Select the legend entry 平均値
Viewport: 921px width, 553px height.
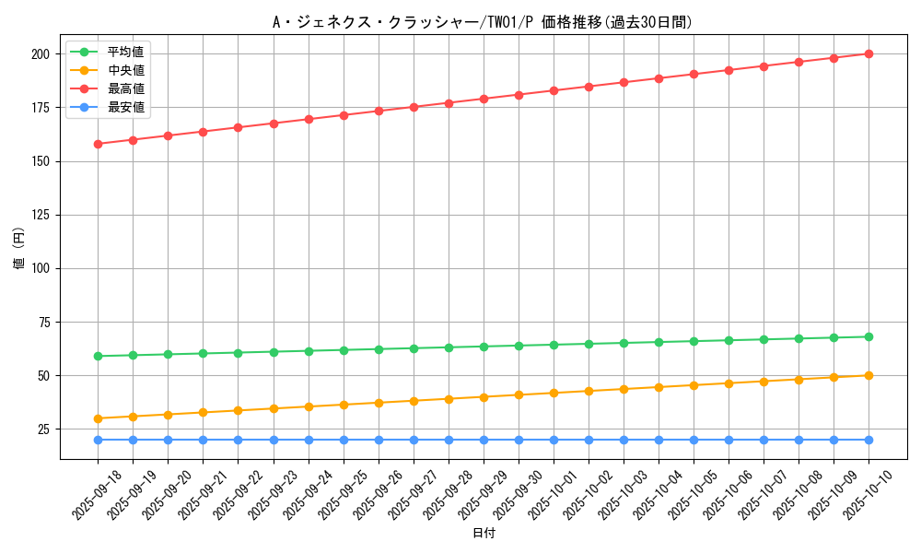[125, 52]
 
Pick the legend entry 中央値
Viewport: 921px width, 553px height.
[125, 70]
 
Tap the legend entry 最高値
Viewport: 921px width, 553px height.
[125, 88]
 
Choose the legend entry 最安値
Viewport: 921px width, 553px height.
[125, 107]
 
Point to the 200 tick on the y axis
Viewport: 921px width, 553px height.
[41, 54]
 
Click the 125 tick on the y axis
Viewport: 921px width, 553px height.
[41, 215]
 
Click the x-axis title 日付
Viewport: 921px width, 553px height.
[484, 534]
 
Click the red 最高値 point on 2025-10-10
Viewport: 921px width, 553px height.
[869, 53]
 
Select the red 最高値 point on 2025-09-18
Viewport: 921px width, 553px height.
[98, 144]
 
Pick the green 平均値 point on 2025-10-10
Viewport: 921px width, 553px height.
[869, 336]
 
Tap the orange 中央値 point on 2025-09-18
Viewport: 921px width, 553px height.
[98, 418]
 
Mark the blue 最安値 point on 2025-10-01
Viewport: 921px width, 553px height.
[554, 440]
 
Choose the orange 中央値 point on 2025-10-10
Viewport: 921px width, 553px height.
[869, 375]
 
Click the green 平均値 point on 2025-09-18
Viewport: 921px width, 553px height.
[98, 356]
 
